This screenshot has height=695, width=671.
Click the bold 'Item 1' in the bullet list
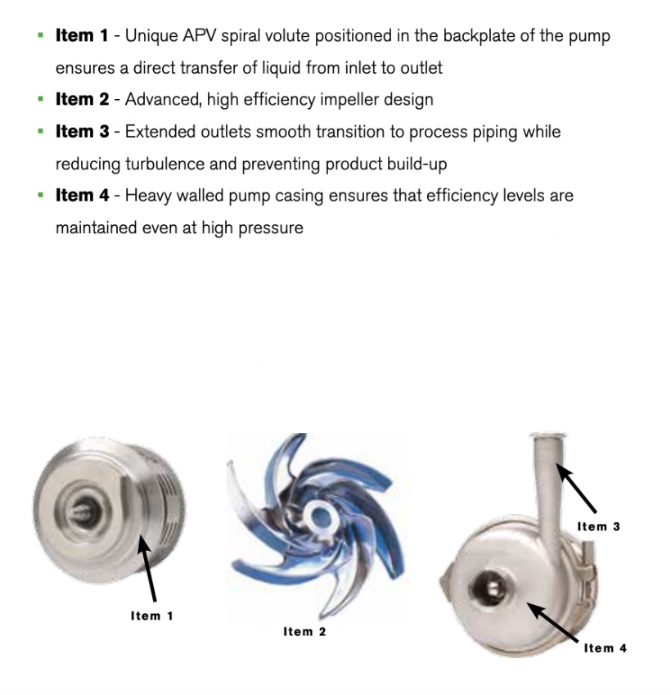click(x=81, y=36)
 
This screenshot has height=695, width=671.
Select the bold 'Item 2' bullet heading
click(x=81, y=100)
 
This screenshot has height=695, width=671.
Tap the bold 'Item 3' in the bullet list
click(x=81, y=132)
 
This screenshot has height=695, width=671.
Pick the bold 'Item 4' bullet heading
click(x=81, y=196)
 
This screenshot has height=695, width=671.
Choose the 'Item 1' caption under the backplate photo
click(x=151, y=616)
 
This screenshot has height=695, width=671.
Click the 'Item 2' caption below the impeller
click(x=304, y=631)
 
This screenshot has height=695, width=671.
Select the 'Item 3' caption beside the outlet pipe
click(x=598, y=526)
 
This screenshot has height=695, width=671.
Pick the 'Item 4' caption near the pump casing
click(x=605, y=648)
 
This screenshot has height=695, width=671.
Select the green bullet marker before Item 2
click(x=40, y=100)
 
